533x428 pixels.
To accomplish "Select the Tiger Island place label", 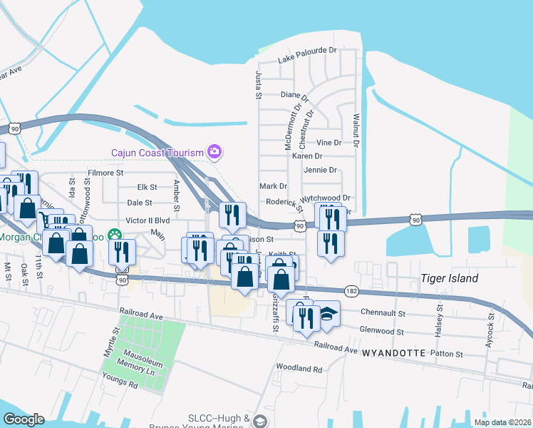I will [449, 278].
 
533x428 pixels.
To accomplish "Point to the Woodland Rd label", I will [299, 369].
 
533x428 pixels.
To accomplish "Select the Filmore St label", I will [105, 173].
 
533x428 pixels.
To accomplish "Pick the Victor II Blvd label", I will [148, 220].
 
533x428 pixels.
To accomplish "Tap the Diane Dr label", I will [294, 95].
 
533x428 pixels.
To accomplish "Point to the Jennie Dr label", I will [320, 170].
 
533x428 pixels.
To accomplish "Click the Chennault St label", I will [383, 312].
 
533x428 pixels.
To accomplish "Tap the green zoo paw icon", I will [114, 234].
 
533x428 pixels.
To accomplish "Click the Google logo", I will [24, 419].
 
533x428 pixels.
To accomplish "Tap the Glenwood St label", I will [383, 332].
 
